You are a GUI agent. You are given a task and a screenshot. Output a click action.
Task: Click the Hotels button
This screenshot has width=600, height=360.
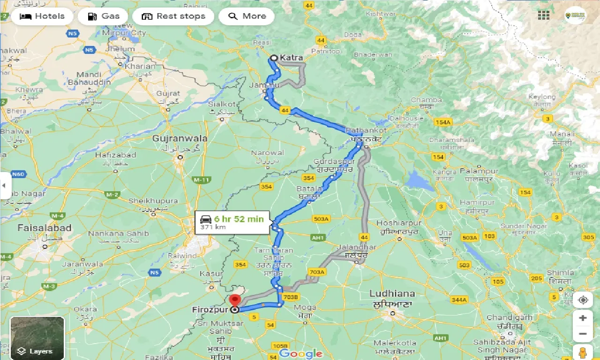[42, 16]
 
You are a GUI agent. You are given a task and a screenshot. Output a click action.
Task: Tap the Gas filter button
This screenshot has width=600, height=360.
[103, 16]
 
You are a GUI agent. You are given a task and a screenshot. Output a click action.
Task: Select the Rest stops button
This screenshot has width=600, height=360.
[173, 16]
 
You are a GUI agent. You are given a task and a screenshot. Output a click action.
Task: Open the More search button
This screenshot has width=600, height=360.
[247, 16]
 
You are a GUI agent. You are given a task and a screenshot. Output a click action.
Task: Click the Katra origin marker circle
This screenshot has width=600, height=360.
[274, 58]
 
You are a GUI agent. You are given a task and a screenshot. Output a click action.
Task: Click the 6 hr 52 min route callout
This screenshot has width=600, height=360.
[232, 222]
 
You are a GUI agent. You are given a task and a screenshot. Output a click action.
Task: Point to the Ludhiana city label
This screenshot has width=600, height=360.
[392, 293]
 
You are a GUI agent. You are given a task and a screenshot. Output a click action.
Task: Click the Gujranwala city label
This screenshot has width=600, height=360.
[180, 139]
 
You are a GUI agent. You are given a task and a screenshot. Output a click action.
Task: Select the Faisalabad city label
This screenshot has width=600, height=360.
[45, 228]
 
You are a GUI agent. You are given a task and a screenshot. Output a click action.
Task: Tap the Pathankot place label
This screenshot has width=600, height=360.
[366, 130]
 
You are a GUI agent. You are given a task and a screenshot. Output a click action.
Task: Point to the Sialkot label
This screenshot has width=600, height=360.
[222, 104]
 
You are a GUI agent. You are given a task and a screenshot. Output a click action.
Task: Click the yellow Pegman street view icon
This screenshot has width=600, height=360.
[583, 352]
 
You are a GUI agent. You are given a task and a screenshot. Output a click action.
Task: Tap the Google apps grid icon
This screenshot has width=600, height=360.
[544, 15]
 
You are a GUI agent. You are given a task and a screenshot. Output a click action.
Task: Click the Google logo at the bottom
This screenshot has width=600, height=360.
[300, 353]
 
